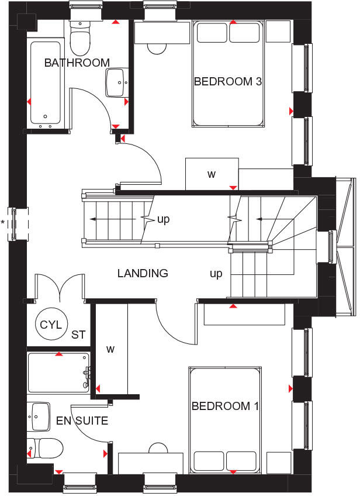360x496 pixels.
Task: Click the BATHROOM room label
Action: (77, 63)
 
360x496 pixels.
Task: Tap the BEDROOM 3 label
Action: (227, 81)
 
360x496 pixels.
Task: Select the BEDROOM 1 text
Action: (225, 406)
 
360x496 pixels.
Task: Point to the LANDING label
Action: (143, 273)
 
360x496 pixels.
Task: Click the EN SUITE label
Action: (82, 421)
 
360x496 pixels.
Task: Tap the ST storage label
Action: (78, 335)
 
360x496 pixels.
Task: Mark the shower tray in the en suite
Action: (58, 373)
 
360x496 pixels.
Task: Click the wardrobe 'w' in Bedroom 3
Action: (212, 174)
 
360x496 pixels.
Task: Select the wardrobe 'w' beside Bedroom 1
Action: (110, 349)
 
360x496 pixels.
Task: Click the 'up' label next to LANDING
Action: (216, 274)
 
